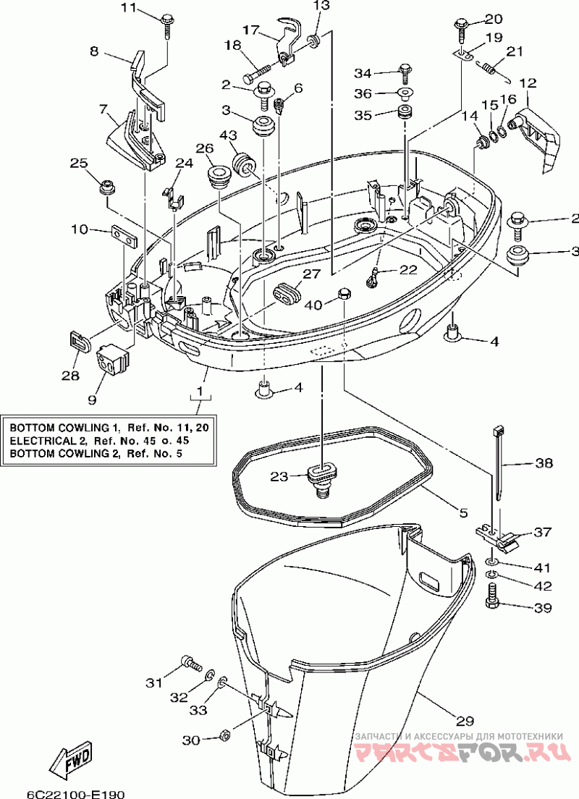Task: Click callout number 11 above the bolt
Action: (129, 8)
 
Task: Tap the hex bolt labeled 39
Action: (494, 596)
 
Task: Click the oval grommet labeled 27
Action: (287, 292)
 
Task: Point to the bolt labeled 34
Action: (404, 73)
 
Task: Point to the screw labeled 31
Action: (190, 663)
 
